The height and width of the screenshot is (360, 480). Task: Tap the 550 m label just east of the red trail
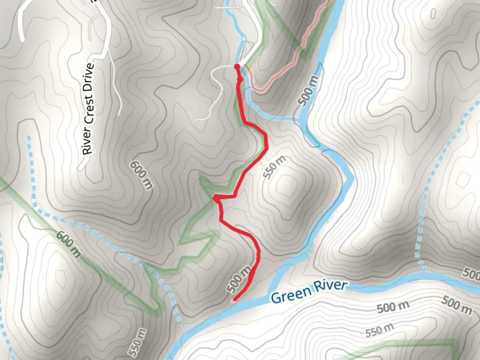tap(274, 167)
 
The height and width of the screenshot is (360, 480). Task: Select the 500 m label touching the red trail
tap(239, 279)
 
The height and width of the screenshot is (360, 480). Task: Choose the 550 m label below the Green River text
tap(379, 330)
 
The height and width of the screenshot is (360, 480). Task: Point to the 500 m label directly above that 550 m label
tap(393, 307)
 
